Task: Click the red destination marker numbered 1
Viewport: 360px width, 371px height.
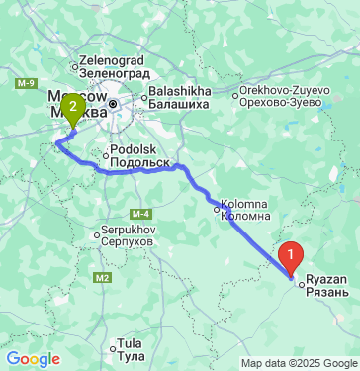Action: click(290, 255)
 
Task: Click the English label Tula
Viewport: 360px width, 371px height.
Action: click(129, 342)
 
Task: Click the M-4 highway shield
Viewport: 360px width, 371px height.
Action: click(138, 213)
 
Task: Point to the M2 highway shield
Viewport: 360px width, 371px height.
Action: click(104, 278)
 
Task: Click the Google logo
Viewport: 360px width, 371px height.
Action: click(33, 359)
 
